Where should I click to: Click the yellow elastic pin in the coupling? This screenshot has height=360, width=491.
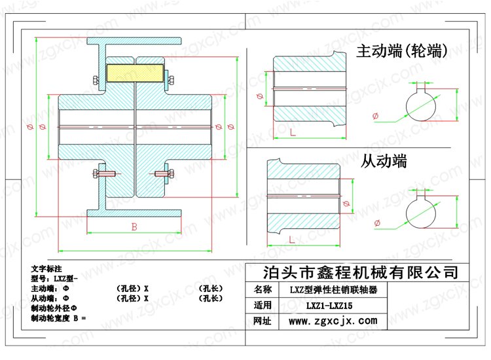tap(135, 73)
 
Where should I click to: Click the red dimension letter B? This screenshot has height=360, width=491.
tap(134, 227)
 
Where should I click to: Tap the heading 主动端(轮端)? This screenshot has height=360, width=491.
tap(402, 51)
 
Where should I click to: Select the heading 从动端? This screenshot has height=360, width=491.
tap(384, 161)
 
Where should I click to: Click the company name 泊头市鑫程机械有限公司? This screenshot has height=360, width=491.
tap(361, 272)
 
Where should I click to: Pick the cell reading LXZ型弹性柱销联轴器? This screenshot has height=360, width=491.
tap(333, 289)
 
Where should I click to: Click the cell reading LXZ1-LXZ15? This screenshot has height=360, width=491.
tap(329, 306)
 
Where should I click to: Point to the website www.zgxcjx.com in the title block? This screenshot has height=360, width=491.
tap(333, 321)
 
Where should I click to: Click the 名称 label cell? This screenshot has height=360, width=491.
tap(263, 289)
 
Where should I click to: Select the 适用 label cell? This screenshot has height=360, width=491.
tap(263, 305)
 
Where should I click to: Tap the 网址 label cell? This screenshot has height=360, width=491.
tap(263, 321)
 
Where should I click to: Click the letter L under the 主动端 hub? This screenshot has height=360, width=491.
tap(293, 132)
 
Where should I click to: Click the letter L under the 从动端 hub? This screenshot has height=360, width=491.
tap(292, 240)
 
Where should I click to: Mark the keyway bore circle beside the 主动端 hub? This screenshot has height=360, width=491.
tap(421, 106)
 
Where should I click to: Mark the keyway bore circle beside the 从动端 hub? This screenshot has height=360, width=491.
tap(421, 213)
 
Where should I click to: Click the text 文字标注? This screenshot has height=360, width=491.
tap(46, 268)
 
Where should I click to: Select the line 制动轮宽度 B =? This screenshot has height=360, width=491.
tap(58, 318)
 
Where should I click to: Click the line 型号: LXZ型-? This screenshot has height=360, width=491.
tap(54, 278)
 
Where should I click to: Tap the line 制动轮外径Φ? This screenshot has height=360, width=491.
tap(54, 308)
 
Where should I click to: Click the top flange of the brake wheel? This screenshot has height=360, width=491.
tap(134, 41)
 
